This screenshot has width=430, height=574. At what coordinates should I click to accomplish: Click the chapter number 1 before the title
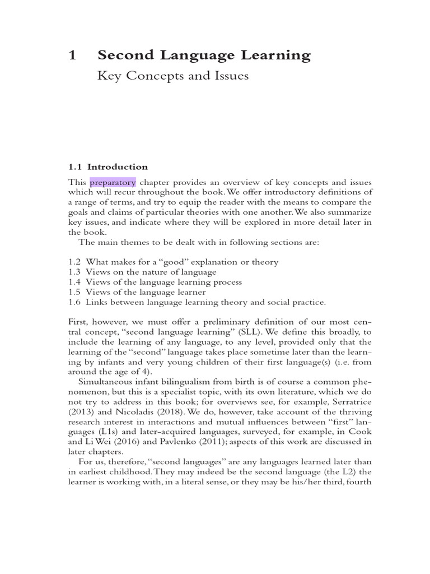click(72, 55)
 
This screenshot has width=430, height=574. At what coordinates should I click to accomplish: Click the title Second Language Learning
click(204, 55)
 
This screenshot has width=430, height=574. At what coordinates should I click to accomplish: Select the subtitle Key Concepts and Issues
click(172, 76)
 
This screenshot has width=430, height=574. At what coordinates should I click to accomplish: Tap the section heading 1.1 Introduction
click(108, 166)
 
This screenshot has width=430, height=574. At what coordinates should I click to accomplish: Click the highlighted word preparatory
click(113, 182)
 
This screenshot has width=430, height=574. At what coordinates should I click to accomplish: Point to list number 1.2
click(74, 262)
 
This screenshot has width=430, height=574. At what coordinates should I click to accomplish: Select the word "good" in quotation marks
click(167, 262)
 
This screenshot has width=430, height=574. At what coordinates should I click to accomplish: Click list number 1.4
click(74, 282)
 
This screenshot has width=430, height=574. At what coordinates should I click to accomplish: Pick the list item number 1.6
click(74, 302)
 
